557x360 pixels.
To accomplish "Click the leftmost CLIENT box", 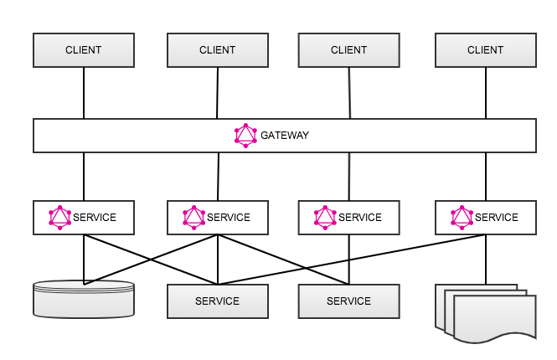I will tap(83, 50).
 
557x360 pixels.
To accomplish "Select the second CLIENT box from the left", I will tap(217, 50).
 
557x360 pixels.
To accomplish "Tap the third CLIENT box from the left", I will tap(348, 50).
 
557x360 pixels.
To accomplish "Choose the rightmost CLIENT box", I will tap(485, 50).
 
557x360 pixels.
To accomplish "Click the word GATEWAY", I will tap(285, 135).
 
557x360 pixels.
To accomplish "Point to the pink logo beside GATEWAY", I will tap(245, 135).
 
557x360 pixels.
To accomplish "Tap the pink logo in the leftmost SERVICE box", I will tap(60, 218).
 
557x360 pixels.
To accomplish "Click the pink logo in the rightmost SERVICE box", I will tap(462, 218).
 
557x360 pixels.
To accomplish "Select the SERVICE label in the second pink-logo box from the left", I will tap(229, 218).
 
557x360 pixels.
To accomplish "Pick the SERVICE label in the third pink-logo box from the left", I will tap(360, 218).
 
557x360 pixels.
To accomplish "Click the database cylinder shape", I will tap(83, 299).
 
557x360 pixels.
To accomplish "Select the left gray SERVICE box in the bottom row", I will tap(217, 301).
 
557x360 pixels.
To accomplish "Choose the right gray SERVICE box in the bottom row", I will tap(348, 301).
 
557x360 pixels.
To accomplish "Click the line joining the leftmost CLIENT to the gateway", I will tap(84, 93).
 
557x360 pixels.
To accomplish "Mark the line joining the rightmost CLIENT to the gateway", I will tap(486, 93).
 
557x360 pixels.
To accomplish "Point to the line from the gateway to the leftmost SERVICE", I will tap(84, 176).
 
